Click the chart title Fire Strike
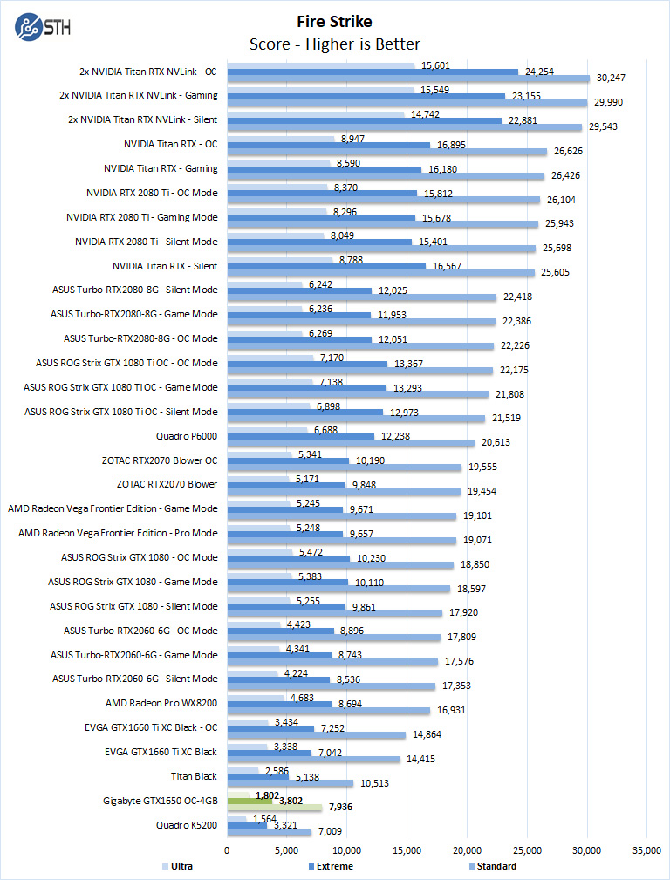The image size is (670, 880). [x=334, y=22]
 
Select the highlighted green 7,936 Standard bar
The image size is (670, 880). [x=275, y=807]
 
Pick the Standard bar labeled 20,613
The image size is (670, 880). [x=351, y=443]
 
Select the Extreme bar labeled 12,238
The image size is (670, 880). [x=300, y=436]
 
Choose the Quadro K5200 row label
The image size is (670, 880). [x=187, y=824]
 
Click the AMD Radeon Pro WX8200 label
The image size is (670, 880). [x=161, y=702]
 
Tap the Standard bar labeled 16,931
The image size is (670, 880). [x=328, y=710]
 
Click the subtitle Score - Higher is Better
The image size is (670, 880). [x=334, y=44]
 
